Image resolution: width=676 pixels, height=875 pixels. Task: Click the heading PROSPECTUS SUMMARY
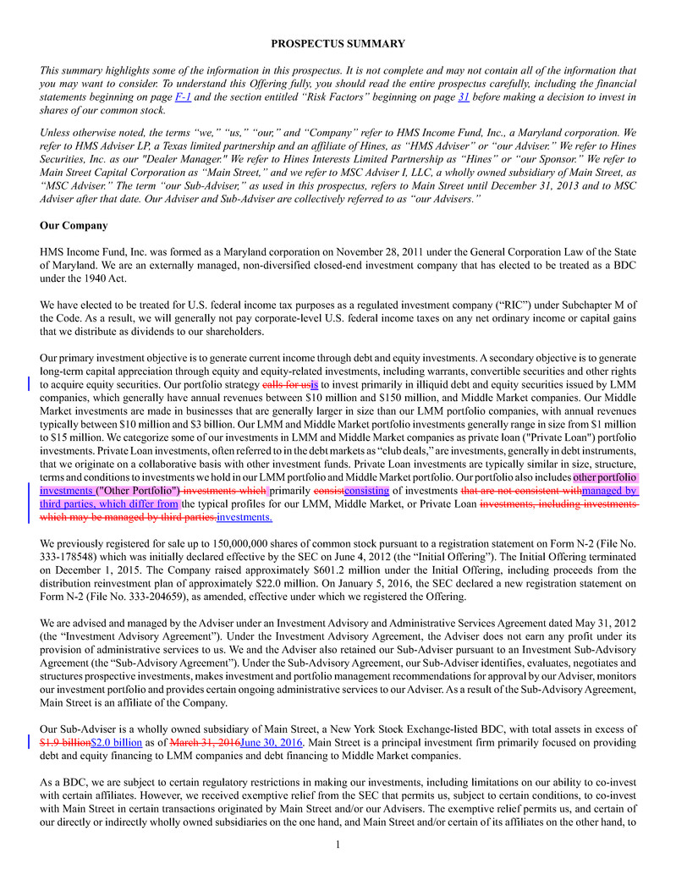tap(338, 44)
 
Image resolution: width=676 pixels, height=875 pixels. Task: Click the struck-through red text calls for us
tap(287, 384)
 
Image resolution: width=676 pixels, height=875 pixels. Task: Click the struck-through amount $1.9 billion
tap(65, 742)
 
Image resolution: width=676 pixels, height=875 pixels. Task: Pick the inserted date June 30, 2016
tap(271, 742)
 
